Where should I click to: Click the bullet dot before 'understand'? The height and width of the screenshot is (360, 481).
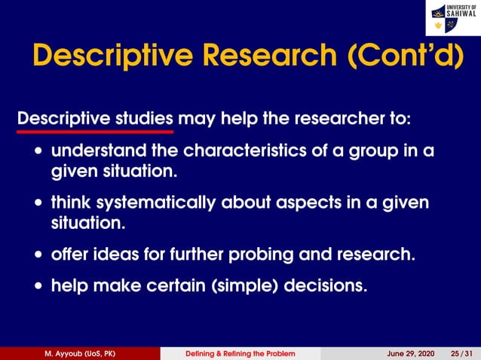click(x=38, y=151)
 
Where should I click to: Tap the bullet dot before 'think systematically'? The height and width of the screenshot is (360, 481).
click(x=38, y=203)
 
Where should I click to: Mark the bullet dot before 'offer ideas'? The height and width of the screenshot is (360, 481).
click(x=38, y=255)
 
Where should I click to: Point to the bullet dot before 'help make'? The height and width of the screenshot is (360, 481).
click(x=38, y=287)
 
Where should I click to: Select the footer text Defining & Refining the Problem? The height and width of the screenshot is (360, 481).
click(x=240, y=353)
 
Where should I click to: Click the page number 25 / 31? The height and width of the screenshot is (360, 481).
click(x=461, y=353)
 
